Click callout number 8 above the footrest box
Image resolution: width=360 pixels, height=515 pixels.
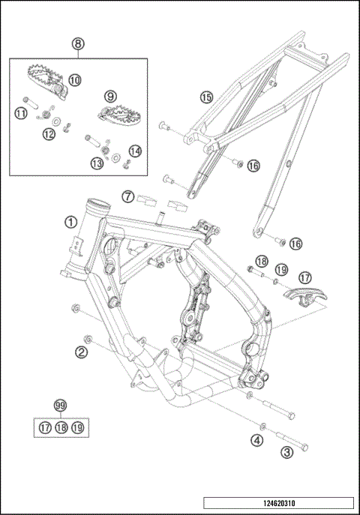[x=78, y=43]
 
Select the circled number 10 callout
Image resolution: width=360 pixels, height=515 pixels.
[x=75, y=80]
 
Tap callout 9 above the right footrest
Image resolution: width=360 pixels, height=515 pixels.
[x=110, y=97]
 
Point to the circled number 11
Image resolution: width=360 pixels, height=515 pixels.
[x=21, y=114]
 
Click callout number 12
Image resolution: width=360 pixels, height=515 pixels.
[x=49, y=134]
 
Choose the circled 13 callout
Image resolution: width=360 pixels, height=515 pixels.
[x=97, y=163]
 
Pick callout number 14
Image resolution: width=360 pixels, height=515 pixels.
[x=135, y=151]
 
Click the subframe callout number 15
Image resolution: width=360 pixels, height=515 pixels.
[x=206, y=97]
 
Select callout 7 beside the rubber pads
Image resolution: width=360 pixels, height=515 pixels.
[x=127, y=196]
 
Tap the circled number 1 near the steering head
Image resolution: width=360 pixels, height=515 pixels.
[x=70, y=223]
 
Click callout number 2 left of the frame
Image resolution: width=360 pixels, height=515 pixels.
[x=81, y=352]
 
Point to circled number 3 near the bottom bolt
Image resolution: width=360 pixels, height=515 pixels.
[x=286, y=452]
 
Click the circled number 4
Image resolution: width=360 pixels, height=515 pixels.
[x=256, y=440]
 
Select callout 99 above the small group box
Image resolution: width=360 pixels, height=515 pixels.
[x=60, y=406]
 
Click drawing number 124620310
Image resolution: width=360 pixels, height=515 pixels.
[x=279, y=503]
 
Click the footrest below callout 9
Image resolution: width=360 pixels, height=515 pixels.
[x=120, y=114]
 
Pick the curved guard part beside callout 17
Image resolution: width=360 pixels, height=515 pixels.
[x=305, y=296]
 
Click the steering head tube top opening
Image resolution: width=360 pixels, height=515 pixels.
[x=98, y=206]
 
